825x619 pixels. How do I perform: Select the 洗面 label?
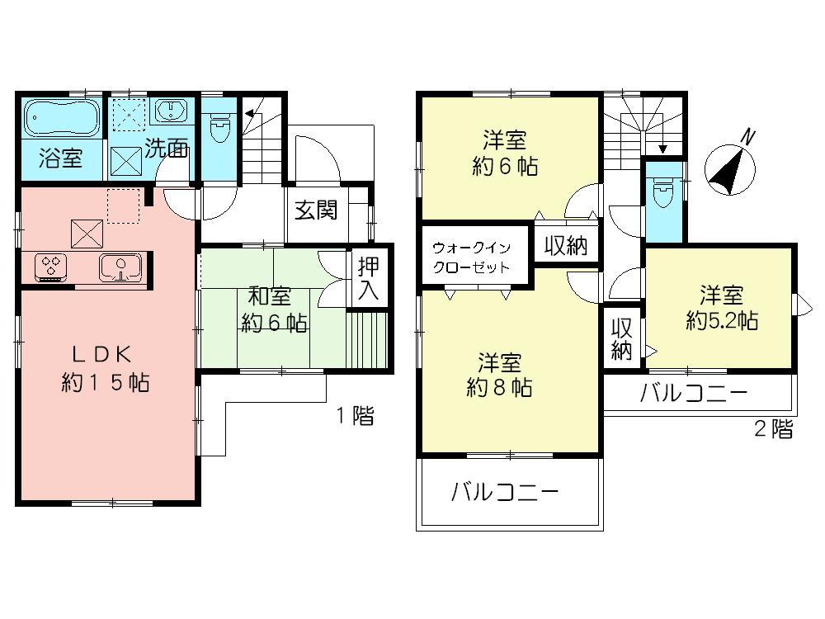click(167, 149)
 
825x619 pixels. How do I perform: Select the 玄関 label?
click(316, 210)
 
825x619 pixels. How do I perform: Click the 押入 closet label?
click(367, 278)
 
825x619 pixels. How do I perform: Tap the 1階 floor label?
click(354, 416)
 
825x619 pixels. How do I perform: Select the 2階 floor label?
click(773, 428)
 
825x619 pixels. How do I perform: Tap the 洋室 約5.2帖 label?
click(722, 308)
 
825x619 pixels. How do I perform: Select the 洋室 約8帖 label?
click(498, 375)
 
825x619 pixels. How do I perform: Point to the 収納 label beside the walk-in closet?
click(565, 246)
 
